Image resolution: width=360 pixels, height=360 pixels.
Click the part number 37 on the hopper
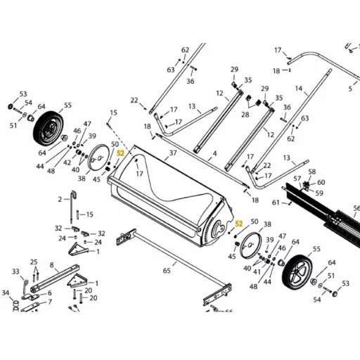(173, 153)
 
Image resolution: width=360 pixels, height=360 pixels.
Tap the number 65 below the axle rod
(167, 271)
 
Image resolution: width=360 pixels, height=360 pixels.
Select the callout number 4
(214, 154)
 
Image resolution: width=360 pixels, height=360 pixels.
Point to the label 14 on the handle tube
(299, 89)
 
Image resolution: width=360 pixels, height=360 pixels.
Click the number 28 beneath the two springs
(245, 115)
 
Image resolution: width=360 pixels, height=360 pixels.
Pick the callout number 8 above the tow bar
(52, 265)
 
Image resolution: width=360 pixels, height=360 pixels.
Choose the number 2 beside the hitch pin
(60, 200)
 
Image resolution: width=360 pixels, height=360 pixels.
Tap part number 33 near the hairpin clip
(15, 271)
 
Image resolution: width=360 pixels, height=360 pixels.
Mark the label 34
(6, 292)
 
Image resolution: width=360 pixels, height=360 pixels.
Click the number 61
(276, 202)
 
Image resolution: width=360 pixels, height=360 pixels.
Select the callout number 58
(312, 172)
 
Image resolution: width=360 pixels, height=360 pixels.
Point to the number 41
(257, 272)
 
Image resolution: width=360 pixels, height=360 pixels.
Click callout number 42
(67, 162)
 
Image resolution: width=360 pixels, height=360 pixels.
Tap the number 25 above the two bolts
(34, 262)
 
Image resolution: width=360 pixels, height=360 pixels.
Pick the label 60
(321, 182)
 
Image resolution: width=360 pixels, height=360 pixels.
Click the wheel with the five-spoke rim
(297, 273)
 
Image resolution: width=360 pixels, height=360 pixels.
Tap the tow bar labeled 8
(55, 278)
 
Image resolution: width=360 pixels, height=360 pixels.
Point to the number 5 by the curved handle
(350, 89)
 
